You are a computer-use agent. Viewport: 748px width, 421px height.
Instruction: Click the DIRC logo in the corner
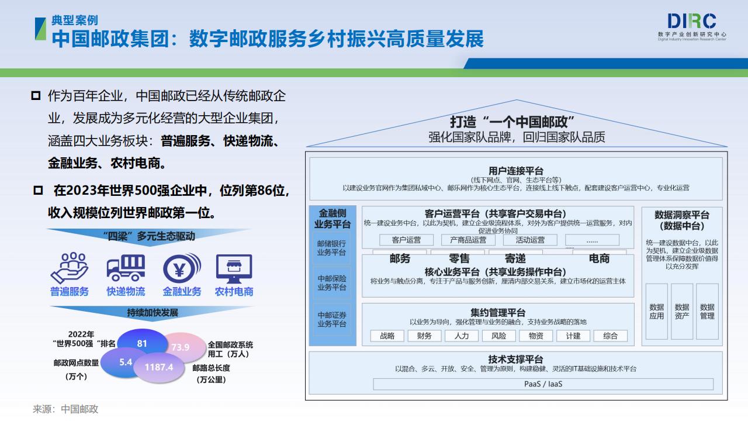click(x=692, y=27)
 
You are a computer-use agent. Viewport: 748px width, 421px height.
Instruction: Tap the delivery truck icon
click(x=126, y=268)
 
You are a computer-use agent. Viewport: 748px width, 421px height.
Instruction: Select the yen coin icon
click(x=182, y=268)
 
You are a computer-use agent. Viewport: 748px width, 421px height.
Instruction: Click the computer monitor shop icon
click(x=234, y=268)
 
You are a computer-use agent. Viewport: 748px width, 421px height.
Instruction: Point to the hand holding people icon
click(x=70, y=268)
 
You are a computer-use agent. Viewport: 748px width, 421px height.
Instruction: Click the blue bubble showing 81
click(x=142, y=343)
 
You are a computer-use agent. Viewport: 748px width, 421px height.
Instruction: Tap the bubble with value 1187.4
click(x=159, y=367)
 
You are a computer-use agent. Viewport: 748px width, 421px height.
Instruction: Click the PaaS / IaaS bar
click(x=543, y=384)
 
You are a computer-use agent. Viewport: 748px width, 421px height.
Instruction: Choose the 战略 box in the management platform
click(x=387, y=336)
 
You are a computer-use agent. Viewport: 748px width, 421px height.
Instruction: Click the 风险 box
click(x=498, y=336)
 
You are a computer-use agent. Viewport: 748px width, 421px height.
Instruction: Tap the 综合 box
click(x=611, y=336)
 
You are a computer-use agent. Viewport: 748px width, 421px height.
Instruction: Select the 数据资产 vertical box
click(x=682, y=312)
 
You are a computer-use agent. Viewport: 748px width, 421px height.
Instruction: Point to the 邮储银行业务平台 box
click(x=331, y=248)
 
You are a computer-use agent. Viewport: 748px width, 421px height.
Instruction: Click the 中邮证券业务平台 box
click(x=331, y=319)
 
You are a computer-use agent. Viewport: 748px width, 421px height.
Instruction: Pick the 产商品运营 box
click(x=468, y=240)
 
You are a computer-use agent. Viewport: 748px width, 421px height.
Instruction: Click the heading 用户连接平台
click(x=516, y=171)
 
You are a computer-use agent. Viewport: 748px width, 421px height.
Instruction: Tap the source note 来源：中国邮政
click(x=65, y=409)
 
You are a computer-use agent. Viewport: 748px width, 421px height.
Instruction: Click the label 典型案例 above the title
click(x=74, y=20)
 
